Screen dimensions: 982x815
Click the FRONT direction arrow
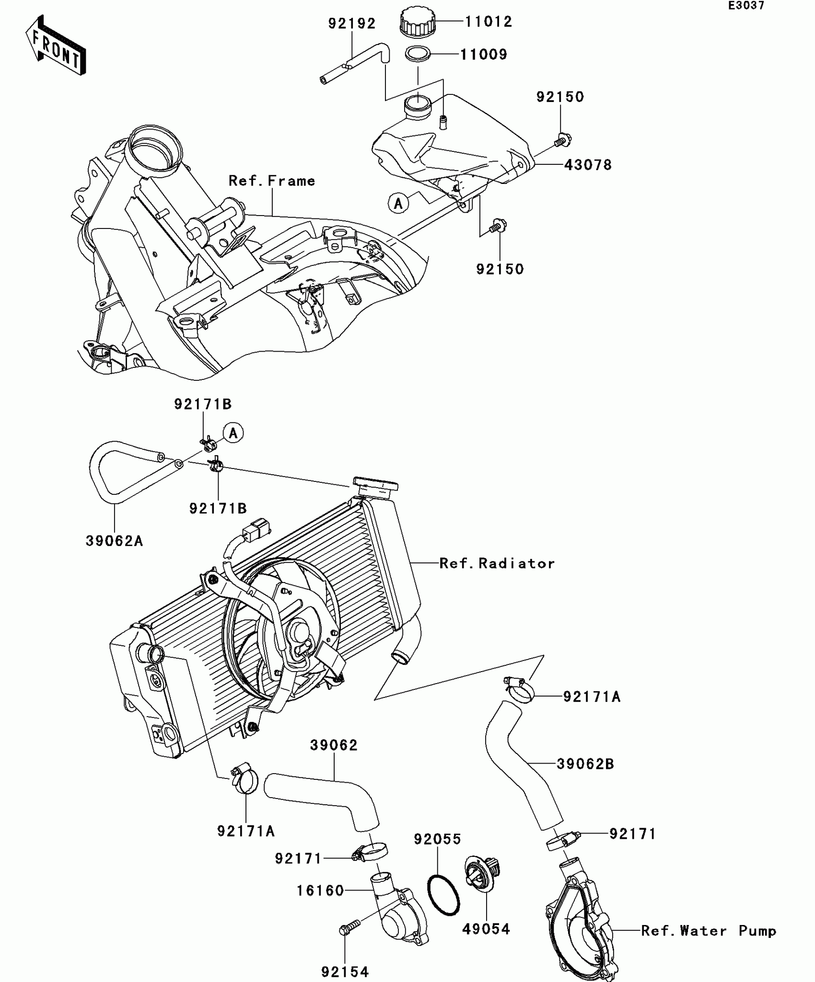pos(55,46)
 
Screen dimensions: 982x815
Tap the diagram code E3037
pos(746,6)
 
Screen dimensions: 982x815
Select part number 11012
pos(488,22)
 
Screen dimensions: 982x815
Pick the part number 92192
pos(352,23)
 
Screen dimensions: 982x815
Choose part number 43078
pos(588,165)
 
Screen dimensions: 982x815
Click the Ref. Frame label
pos(272,181)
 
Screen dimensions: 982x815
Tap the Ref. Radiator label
pos(497,563)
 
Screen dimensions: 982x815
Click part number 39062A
pos(114,541)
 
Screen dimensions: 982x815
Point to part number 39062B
pos(585,764)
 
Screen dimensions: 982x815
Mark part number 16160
pos(320,891)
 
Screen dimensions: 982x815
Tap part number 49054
pos(486,929)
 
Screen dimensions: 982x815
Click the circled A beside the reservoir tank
pos(398,204)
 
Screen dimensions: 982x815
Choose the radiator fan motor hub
pos(300,632)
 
